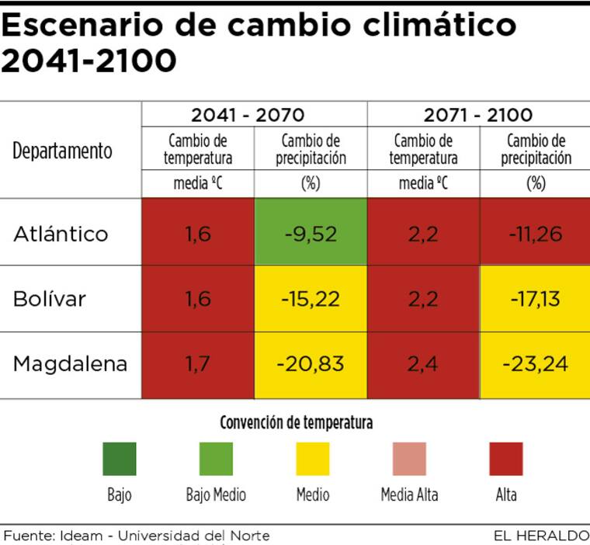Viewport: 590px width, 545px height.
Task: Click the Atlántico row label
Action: (61, 234)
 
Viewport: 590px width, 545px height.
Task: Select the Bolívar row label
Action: (50, 299)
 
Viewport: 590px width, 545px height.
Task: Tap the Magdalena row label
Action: (70, 364)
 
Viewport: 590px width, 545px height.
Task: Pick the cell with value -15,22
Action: (310, 299)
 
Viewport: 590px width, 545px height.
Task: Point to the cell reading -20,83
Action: (310, 364)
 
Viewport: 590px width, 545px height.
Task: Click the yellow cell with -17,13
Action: (536, 299)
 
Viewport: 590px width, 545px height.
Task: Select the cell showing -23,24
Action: (536, 364)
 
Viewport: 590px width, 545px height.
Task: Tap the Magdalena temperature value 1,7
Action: (198, 364)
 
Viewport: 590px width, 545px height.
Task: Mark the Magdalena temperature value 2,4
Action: (423, 364)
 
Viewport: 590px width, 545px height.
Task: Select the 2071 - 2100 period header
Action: (478, 116)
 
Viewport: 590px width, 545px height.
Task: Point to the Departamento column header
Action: (62, 151)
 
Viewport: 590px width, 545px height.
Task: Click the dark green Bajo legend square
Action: (120, 459)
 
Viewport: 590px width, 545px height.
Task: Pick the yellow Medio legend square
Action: (313, 459)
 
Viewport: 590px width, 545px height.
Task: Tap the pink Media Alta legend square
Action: (409, 459)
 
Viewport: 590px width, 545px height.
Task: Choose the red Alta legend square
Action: (506, 459)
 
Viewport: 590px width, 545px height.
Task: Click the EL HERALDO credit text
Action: (541, 536)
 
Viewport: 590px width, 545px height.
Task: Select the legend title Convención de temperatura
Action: (296, 423)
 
